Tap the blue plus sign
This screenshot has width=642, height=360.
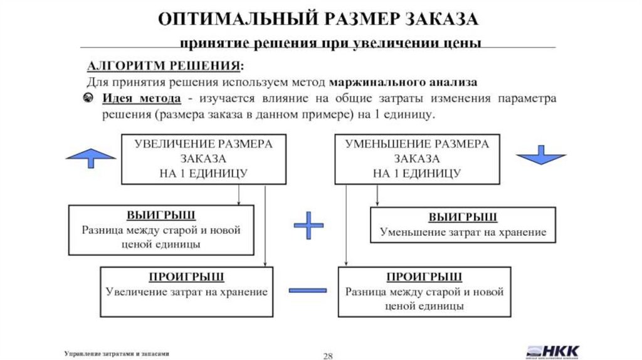307,225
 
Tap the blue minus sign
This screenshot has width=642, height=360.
307,290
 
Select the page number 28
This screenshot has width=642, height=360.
327,355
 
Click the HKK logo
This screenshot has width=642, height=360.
553,351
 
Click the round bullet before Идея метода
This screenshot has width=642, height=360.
90,99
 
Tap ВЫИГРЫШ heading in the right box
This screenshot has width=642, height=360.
463,217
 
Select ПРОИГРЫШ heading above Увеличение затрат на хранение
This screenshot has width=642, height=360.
186,277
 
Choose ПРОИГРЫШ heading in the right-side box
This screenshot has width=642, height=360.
424,277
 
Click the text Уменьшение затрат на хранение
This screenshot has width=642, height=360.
463,232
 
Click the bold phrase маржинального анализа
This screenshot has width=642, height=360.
403,82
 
